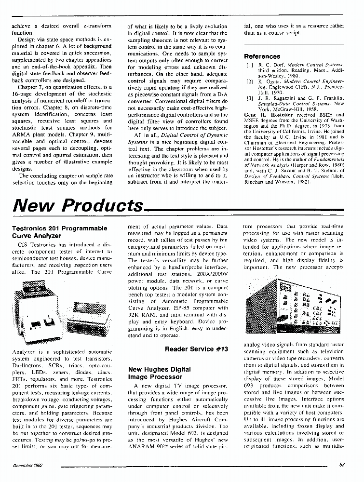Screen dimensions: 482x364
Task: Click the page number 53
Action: (342, 465)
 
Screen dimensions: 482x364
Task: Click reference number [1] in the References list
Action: (249, 64)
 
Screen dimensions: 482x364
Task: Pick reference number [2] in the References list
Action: (249, 82)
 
